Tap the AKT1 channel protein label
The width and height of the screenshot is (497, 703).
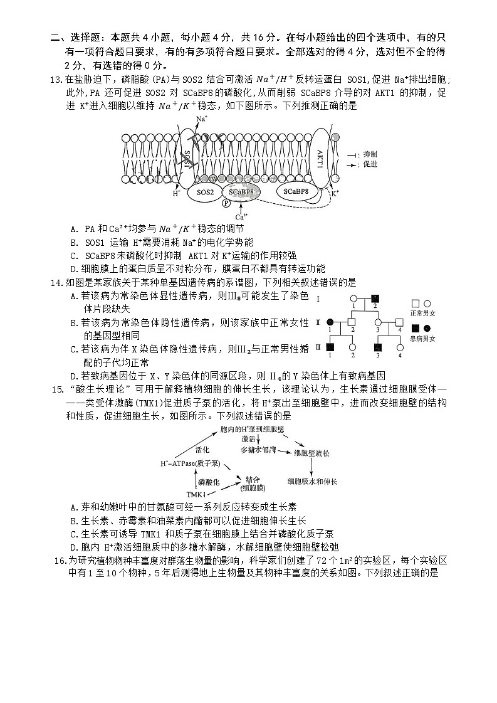coord(320,157)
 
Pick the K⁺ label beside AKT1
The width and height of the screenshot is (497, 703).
coord(335,193)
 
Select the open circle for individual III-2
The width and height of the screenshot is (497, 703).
coord(352,347)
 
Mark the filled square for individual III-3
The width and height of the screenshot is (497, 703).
coord(378,347)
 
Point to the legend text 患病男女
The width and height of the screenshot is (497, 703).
coord(422,339)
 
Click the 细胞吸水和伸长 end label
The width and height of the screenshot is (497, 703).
coord(312,481)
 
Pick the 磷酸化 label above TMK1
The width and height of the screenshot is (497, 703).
coord(209,482)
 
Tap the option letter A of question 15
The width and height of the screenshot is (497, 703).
coord(75,507)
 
